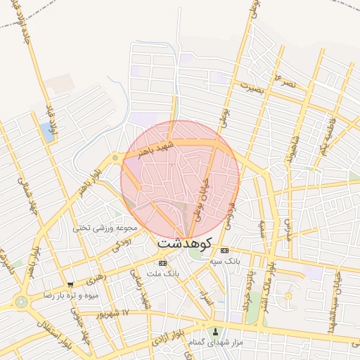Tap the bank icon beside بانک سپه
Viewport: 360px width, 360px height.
point(224,251)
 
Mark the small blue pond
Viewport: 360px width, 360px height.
point(47,131)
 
